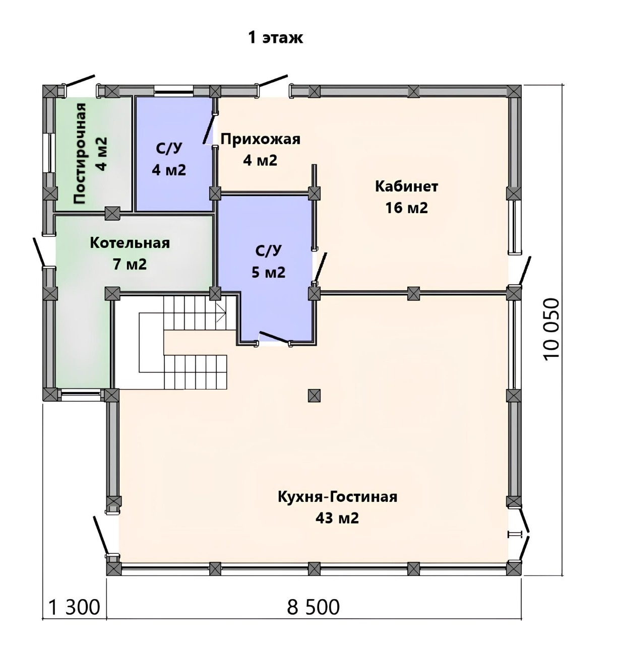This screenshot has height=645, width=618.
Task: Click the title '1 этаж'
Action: tap(276, 37)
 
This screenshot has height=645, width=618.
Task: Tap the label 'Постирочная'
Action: tap(80, 153)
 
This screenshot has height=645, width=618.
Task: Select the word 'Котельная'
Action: tap(130, 243)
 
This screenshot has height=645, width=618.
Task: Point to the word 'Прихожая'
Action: tap(260, 139)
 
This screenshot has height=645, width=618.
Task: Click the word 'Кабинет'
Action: tap(406, 186)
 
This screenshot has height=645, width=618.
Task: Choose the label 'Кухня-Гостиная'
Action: tap(338, 497)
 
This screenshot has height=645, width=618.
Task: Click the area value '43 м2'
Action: tap(337, 518)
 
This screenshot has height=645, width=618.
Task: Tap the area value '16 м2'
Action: tap(406, 208)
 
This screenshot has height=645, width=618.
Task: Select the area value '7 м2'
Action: tap(130, 265)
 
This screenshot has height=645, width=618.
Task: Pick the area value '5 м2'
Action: tap(269, 273)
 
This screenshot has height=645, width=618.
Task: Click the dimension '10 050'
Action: tap(551, 328)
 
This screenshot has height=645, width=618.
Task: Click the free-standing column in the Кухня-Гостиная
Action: tap(314, 395)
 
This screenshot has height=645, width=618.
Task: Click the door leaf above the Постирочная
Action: tap(80, 80)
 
